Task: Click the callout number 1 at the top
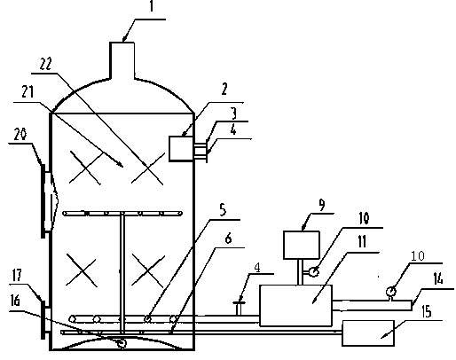click(x=152, y=6)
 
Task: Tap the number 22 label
click(x=45, y=64)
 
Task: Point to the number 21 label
click(x=28, y=92)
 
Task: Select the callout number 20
click(x=20, y=135)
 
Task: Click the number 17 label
click(x=17, y=275)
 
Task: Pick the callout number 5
click(x=223, y=210)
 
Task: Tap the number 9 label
click(x=321, y=205)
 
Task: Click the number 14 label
click(x=438, y=278)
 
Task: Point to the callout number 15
click(x=427, y=311)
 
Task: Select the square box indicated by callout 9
click(x=302, y=245)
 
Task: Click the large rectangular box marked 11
click(x=295, y=306)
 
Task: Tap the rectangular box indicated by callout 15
click(x=368, y=333)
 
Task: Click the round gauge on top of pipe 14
click(x=391, y=292)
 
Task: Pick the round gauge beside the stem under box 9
click(x=314, y=271)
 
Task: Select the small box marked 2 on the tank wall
click(x=181, y=149)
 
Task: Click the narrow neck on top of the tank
click(x=122, y=60)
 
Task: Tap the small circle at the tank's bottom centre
click(x=122, y=343)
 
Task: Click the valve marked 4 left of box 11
click(x=240, y=308)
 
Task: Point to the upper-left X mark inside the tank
click(x=86, y=168)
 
